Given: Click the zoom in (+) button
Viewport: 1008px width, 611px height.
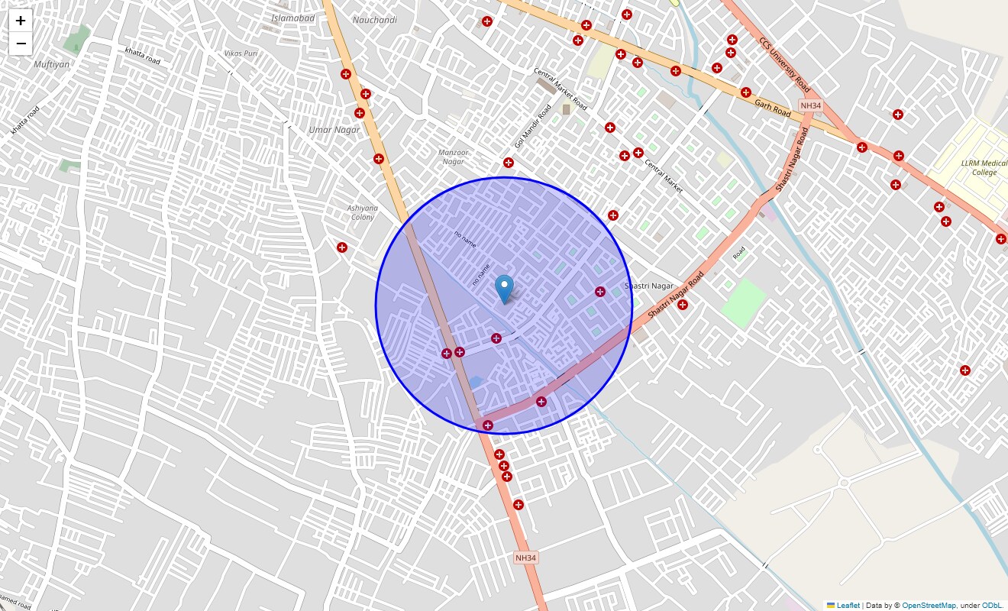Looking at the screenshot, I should point(21,21).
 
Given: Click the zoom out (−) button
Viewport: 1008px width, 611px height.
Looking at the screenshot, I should point(21,44).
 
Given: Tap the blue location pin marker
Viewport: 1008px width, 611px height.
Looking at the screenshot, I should point(504,289).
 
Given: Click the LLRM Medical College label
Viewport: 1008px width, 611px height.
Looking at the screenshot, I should point(984,168).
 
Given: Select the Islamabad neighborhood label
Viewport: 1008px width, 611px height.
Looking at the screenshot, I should point(293,18).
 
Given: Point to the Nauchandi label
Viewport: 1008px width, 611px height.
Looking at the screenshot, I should point(376,20).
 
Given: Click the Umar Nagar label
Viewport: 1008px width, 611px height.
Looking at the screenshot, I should point(334,130).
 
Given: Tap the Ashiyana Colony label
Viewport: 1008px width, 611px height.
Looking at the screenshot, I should point(362,212).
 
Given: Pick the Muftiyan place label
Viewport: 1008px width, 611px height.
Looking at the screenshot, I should point(52,64).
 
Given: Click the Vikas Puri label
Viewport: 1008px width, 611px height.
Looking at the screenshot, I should point(241,53).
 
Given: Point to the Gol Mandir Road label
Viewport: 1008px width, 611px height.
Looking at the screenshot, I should point(532,126).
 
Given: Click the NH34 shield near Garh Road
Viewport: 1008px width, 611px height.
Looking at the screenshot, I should point(809,105).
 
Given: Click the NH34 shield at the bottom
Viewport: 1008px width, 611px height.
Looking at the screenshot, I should point(525,558).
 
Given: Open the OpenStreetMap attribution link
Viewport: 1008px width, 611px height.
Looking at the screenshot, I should point(929,606).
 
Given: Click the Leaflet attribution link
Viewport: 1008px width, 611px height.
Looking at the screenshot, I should point(848,606).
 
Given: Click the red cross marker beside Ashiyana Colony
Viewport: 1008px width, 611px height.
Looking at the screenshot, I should point(342,247).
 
